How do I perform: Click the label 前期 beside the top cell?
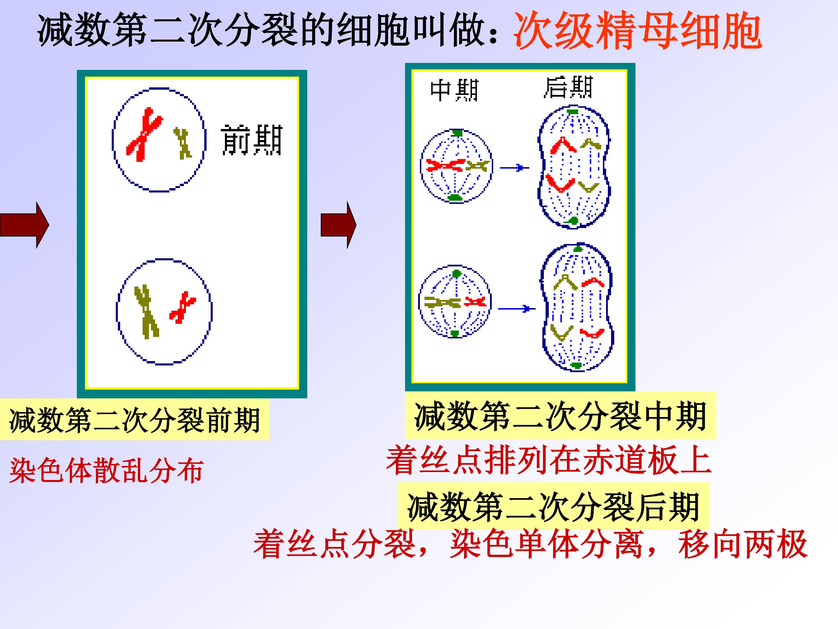(252, 140)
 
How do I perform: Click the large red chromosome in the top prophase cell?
(144, 135)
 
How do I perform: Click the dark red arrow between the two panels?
(338, 225)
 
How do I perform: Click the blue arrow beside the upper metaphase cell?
(514, 167)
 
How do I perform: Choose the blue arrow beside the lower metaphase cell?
(517, 309)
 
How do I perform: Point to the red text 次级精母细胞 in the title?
(638, 31)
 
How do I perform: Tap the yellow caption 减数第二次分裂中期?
(560, 416)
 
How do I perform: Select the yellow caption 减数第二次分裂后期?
(553, 506)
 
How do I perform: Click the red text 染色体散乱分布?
(107, 471)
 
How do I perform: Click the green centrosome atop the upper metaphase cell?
(458, 133)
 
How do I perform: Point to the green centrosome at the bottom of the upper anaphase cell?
(573, 221)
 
